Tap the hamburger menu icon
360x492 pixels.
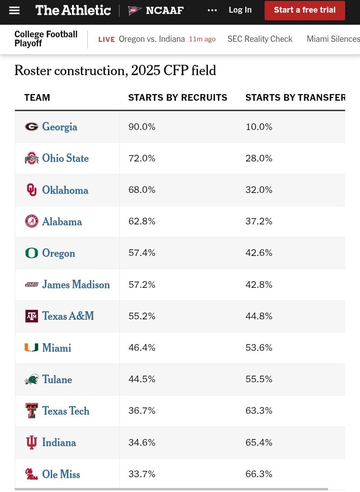[x=14, y=10]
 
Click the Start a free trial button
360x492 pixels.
[x=305, y=10]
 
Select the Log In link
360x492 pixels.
[x=240, y=10]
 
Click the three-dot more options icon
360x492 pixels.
[x=212, y=10]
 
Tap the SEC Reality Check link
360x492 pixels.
[x=260, y=39]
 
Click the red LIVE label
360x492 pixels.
[x=107, y=40]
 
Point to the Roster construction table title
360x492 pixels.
[x=115, y=71]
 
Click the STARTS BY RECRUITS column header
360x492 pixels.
[x=178, y=98]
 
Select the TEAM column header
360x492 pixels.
[x=37, y=98]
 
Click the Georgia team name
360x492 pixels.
[x=59, y=127]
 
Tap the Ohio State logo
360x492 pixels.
[x=31, y=158]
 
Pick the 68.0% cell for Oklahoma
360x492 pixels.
[x=142, y=190]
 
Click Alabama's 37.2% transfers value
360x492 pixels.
[x=259, y=221]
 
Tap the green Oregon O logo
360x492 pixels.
[x=31, y=253]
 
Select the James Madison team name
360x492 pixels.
[x=76, y=285]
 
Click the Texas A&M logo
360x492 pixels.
[x=31, y=316]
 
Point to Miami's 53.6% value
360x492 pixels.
[x=259, y=348]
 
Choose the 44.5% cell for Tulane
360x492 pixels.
[x=142, y=379]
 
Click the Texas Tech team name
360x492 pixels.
[x=66, y=411]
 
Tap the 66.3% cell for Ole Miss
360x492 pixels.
[x=259, y=474]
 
